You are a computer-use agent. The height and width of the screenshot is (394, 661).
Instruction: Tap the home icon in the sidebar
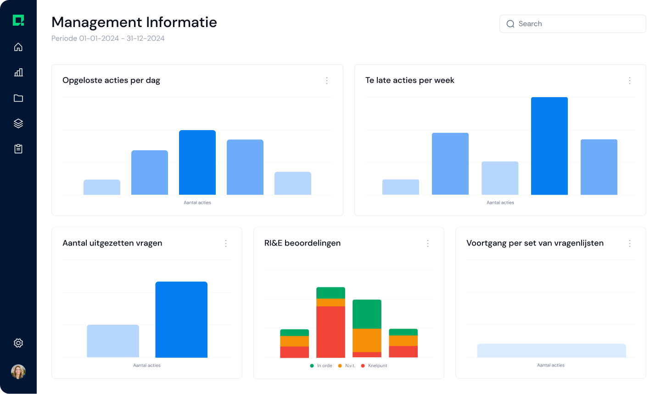18,47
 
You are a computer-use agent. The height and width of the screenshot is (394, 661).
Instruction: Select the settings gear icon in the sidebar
18,343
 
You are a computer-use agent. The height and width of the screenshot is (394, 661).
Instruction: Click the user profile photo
18,372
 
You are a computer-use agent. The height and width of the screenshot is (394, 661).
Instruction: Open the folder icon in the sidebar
18,98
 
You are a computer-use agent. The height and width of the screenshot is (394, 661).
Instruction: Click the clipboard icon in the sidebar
18,149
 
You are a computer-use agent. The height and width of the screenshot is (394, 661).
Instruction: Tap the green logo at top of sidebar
18,20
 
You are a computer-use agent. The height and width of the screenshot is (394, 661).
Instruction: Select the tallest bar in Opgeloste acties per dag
197,163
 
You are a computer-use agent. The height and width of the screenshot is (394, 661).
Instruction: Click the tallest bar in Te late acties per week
549,146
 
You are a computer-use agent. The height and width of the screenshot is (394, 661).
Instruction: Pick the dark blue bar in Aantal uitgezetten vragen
181,319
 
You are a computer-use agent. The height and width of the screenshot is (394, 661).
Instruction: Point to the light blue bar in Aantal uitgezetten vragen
113,341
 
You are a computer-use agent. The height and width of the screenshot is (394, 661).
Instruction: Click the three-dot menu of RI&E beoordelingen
428,243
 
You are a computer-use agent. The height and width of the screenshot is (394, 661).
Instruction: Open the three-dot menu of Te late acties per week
630,81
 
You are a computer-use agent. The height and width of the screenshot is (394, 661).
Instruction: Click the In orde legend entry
321,366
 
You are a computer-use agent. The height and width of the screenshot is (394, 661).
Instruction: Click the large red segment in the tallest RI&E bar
330,332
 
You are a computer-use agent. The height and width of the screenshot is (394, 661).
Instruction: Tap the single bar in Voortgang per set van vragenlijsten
551,350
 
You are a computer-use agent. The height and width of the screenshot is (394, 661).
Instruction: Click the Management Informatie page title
134,22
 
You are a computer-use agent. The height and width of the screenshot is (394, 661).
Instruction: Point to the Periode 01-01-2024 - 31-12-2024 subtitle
108,38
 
